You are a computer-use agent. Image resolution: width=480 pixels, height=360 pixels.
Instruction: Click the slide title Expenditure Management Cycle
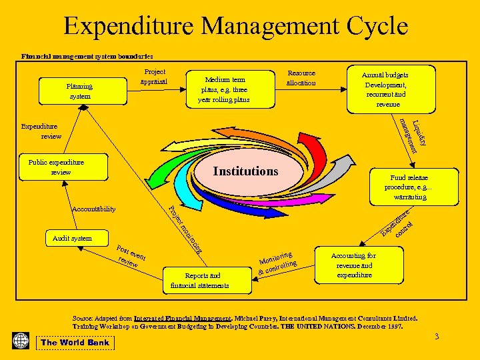point(235,26)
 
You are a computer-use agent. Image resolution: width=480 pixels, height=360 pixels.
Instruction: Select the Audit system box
point(72,238)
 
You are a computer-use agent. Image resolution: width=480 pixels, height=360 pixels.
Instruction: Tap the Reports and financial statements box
point(200,281)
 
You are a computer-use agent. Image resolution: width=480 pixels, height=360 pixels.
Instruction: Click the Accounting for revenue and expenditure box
point(354,265)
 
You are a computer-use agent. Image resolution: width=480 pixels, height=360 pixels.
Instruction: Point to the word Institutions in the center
point(245,171)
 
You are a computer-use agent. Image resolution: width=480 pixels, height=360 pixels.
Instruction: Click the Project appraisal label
point(155,77)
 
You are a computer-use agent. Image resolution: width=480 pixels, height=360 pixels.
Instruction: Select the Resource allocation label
point(301,78)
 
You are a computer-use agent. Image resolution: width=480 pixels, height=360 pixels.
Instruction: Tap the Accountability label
point(93,209)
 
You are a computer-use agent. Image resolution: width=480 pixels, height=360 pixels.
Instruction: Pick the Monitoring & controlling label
point(276,263)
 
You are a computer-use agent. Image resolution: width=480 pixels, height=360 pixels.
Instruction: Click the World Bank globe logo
point(21,341)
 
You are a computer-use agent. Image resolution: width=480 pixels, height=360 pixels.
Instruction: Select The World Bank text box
point(75,343)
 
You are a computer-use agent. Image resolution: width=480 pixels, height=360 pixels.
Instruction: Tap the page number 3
point(437,337)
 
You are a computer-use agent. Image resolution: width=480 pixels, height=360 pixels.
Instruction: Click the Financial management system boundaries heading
point(87,57)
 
